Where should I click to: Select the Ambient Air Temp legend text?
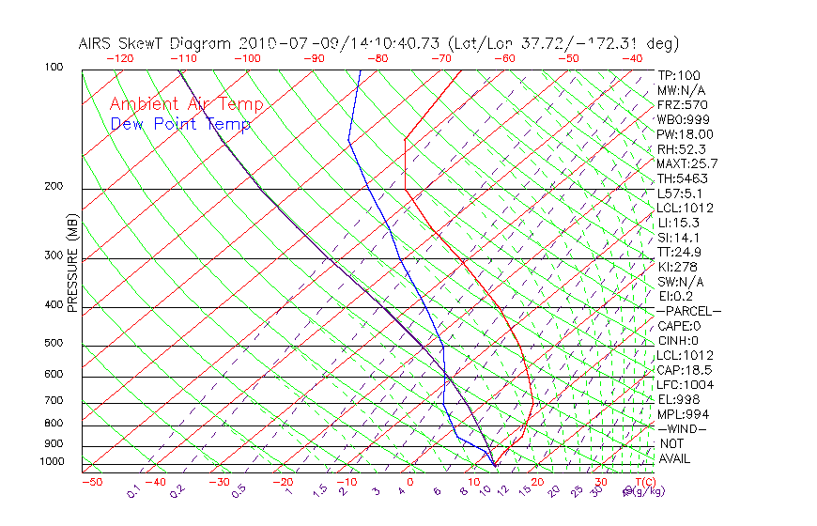[186, 104]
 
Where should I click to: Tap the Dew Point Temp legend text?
[180, 124]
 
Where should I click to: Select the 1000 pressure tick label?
[53, 462]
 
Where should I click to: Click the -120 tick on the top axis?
[119, 58]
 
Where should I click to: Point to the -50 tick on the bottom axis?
[91, 482]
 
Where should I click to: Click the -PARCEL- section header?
[689, 311]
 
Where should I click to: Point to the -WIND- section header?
[683, 428]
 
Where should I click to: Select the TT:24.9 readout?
[680, 252]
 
